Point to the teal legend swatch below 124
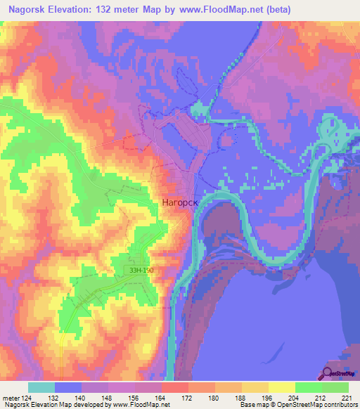[41, 388]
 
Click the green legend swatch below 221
[335, 388]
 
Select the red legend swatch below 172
[174, 388]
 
